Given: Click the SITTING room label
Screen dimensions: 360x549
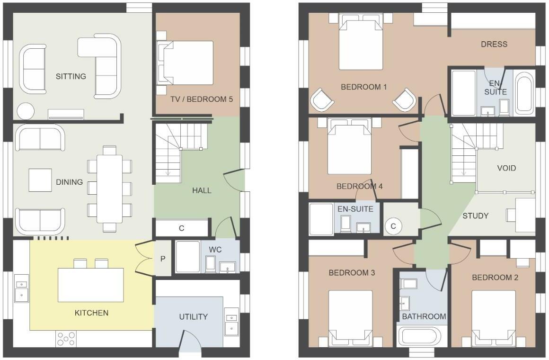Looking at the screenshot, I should tap(71, 76).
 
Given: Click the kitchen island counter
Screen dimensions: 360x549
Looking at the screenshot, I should tap(91, 285).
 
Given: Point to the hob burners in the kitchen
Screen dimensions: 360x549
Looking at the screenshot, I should tap(66, 338).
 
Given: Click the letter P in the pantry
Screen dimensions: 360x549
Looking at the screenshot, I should tap(163, 259).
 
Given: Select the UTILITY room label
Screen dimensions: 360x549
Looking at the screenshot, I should tap(193, 316).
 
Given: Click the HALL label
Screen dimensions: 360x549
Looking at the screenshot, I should tap(202, 190).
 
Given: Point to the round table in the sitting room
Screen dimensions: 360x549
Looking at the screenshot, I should tap(26, 111).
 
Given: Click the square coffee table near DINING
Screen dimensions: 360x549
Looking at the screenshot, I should tap(40, 180).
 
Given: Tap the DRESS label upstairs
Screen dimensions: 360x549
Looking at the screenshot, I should tap(494, 44).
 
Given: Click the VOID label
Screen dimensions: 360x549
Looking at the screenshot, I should tap(506, 168).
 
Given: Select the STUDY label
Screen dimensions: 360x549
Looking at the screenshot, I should tap(475, 216).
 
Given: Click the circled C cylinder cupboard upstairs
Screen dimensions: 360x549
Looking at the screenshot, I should tap(393, 226).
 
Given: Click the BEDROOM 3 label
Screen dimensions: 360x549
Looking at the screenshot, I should tap(352, 273).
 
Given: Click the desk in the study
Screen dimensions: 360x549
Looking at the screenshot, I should tap(525, 211).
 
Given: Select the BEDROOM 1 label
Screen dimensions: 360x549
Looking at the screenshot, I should tap(364, 87).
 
